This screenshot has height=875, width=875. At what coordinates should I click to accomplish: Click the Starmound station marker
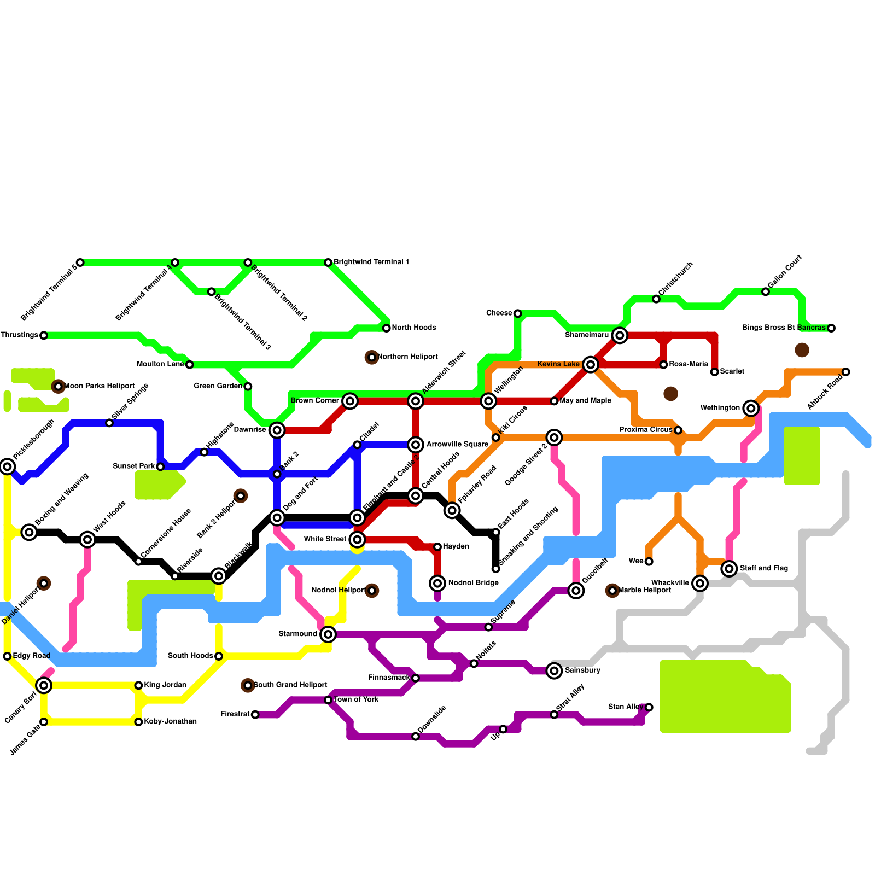pos(328,634)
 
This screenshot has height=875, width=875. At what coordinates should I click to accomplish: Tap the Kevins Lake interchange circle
pos(590,364)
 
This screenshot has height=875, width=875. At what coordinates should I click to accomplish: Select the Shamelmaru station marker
pos(620,335)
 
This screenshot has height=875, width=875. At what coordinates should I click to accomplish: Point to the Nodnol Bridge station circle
pos(437,584)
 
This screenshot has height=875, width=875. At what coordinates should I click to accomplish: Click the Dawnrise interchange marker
pos(277,430)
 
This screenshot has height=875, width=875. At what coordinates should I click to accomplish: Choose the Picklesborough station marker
pos(7,466)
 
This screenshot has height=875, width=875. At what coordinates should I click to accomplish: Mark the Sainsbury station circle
pos(555,670)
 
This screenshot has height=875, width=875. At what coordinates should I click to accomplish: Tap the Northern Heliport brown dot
pos(372,358)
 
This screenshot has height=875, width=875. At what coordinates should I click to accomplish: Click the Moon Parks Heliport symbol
pos(59,387)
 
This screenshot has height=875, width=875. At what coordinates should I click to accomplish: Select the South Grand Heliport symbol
pos(248,685)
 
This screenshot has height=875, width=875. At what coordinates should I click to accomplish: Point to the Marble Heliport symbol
pos(612,591)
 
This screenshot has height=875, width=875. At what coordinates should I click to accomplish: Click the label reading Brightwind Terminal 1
pos(371,262)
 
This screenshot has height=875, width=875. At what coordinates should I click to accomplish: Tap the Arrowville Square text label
pos(457,444)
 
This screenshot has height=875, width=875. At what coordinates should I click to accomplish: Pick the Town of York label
pos(356,699)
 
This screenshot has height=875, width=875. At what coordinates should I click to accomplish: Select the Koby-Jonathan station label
pos(170,721)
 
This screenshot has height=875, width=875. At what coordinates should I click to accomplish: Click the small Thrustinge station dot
pos(44,335)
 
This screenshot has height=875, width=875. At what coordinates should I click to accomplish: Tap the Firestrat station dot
pos(255,715)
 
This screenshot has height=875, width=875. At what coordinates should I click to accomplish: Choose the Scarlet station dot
pos(714,372)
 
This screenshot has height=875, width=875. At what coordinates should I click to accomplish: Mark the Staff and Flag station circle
pos(729,569)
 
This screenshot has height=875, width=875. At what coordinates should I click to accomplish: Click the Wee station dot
pos(649,562)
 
